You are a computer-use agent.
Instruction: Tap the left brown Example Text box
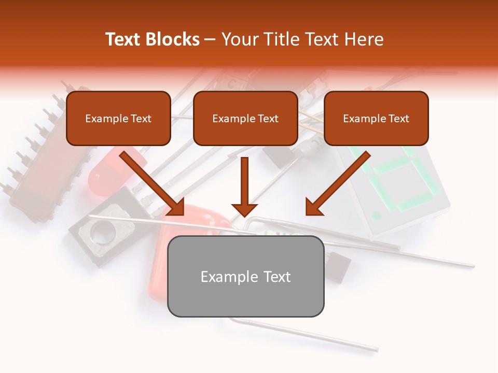tap(118, 118)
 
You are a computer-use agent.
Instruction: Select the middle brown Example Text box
tap(245, 118)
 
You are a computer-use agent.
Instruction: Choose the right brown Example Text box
tap(376, 118)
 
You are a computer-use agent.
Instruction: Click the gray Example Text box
tap(245, 276)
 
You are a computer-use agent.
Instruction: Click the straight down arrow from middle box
tap(244, 187)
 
